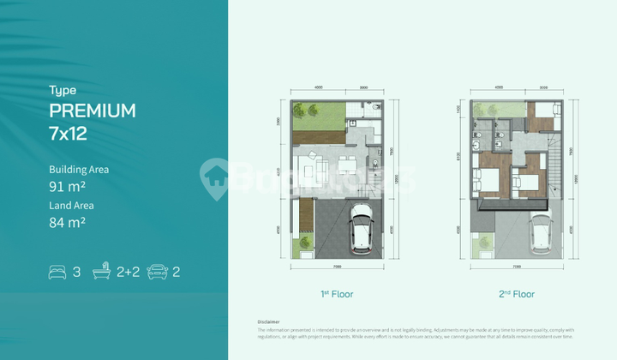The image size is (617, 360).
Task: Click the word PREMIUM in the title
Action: coord(93,111)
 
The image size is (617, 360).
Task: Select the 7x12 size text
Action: coord(69,134)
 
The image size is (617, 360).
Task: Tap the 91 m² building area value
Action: coord(67,186)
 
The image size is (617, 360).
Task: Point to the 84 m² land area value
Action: coord(67,223)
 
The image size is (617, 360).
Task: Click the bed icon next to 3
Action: coord(57,273)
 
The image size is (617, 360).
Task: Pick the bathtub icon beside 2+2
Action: coord(103,273)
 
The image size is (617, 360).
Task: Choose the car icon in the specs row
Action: coord(157,273)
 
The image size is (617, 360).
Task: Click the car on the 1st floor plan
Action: coord(360,231)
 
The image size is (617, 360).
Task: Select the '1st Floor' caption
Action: coord(337,294)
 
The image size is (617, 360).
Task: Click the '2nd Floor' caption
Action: coord(517,294)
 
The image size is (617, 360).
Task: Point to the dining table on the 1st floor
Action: coord(344,165)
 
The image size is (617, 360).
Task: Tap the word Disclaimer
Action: coord(269,321)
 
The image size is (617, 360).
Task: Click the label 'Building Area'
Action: coord(79,170)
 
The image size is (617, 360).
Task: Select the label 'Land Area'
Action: coord(72,206)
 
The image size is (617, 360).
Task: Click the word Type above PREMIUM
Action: coord(63,90)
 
